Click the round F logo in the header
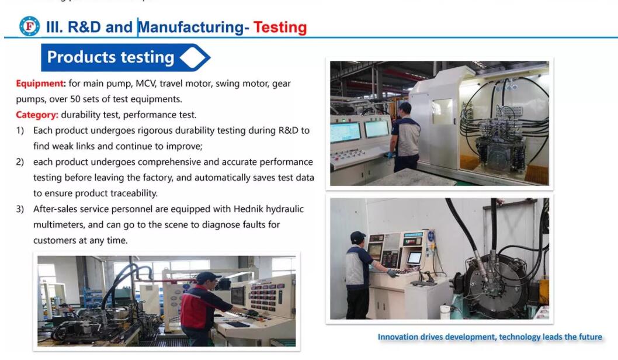(30, 26)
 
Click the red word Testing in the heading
(280, 27)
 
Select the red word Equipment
(39, 84)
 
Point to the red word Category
(37, 115)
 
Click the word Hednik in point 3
(248, 209)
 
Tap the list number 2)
(20, 162)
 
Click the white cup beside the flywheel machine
(445, 312)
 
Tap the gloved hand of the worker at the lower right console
(393, 273)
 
